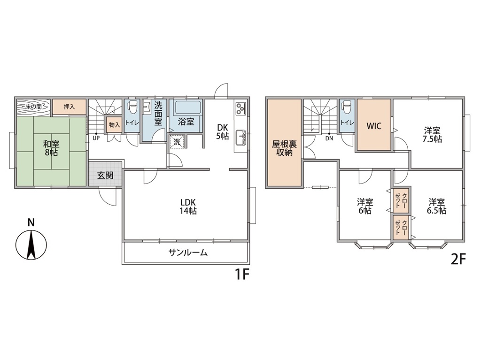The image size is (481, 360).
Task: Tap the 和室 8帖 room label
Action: [51, 148]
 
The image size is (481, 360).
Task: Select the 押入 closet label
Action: [69, 107]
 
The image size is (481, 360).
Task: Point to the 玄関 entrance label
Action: [105, 176]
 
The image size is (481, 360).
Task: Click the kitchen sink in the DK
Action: [240, 138]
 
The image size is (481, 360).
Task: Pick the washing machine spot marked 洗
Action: [177, 142]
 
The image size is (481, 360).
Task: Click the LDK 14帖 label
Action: [188, 207]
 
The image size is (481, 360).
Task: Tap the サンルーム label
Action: [188, 253]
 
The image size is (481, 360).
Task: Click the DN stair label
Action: [329, 138]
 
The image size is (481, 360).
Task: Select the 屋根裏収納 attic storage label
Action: [284, 148]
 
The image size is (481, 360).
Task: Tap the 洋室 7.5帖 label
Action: [432, 135]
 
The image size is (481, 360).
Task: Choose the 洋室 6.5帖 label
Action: [436, 207]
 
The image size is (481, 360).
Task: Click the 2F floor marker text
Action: [458, 260]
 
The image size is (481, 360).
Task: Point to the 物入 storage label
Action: [115, 125]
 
